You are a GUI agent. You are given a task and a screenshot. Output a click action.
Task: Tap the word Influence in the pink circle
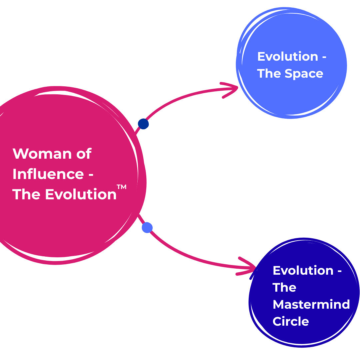[48, 174]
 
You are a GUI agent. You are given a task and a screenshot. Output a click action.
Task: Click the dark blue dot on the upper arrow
[143, 124]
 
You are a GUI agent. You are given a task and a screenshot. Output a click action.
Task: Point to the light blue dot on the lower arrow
[147, 228]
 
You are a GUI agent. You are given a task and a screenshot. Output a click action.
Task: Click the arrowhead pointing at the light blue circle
[232, 89]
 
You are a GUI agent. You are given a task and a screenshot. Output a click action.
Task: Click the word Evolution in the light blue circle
[288, 56]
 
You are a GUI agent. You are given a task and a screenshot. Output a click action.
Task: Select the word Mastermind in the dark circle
[311, 304]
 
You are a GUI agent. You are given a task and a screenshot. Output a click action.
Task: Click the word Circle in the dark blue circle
[291, 321]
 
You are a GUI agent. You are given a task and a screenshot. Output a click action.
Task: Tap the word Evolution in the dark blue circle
[303, 270]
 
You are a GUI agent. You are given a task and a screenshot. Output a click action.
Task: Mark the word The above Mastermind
[284, 287]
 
